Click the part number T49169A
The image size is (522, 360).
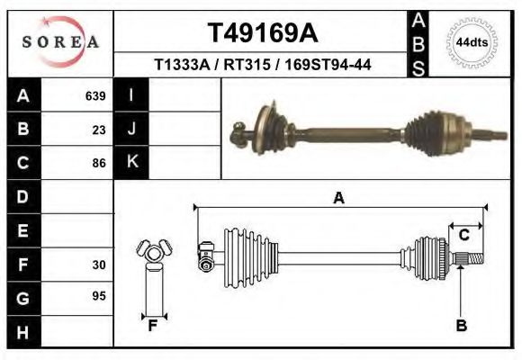[x=263, y=32]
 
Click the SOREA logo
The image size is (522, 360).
[x=60, y=42]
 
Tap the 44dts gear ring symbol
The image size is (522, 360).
[x=472, y=42]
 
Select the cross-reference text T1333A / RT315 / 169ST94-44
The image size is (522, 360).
[x=263, y=65]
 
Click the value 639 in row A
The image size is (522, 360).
[x=95, y=95]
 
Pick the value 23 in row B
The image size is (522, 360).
[x=99, y=129]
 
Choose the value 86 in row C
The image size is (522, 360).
[x=99, y=163]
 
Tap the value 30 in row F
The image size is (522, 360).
[x=99, y=265]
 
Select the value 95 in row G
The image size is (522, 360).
[x=99, y=295]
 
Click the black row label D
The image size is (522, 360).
[x=22, y=196]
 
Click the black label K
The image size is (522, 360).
[x=131, y=162]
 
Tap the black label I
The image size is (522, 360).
[x=131, y=95]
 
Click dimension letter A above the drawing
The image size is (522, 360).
[x=338, y=199]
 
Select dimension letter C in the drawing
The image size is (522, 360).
[x=464, y=235]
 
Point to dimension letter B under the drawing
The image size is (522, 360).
[x=461, y=326]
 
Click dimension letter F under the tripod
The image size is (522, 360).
[x=153, y=326]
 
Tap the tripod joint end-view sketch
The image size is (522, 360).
[x=152, y=251]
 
